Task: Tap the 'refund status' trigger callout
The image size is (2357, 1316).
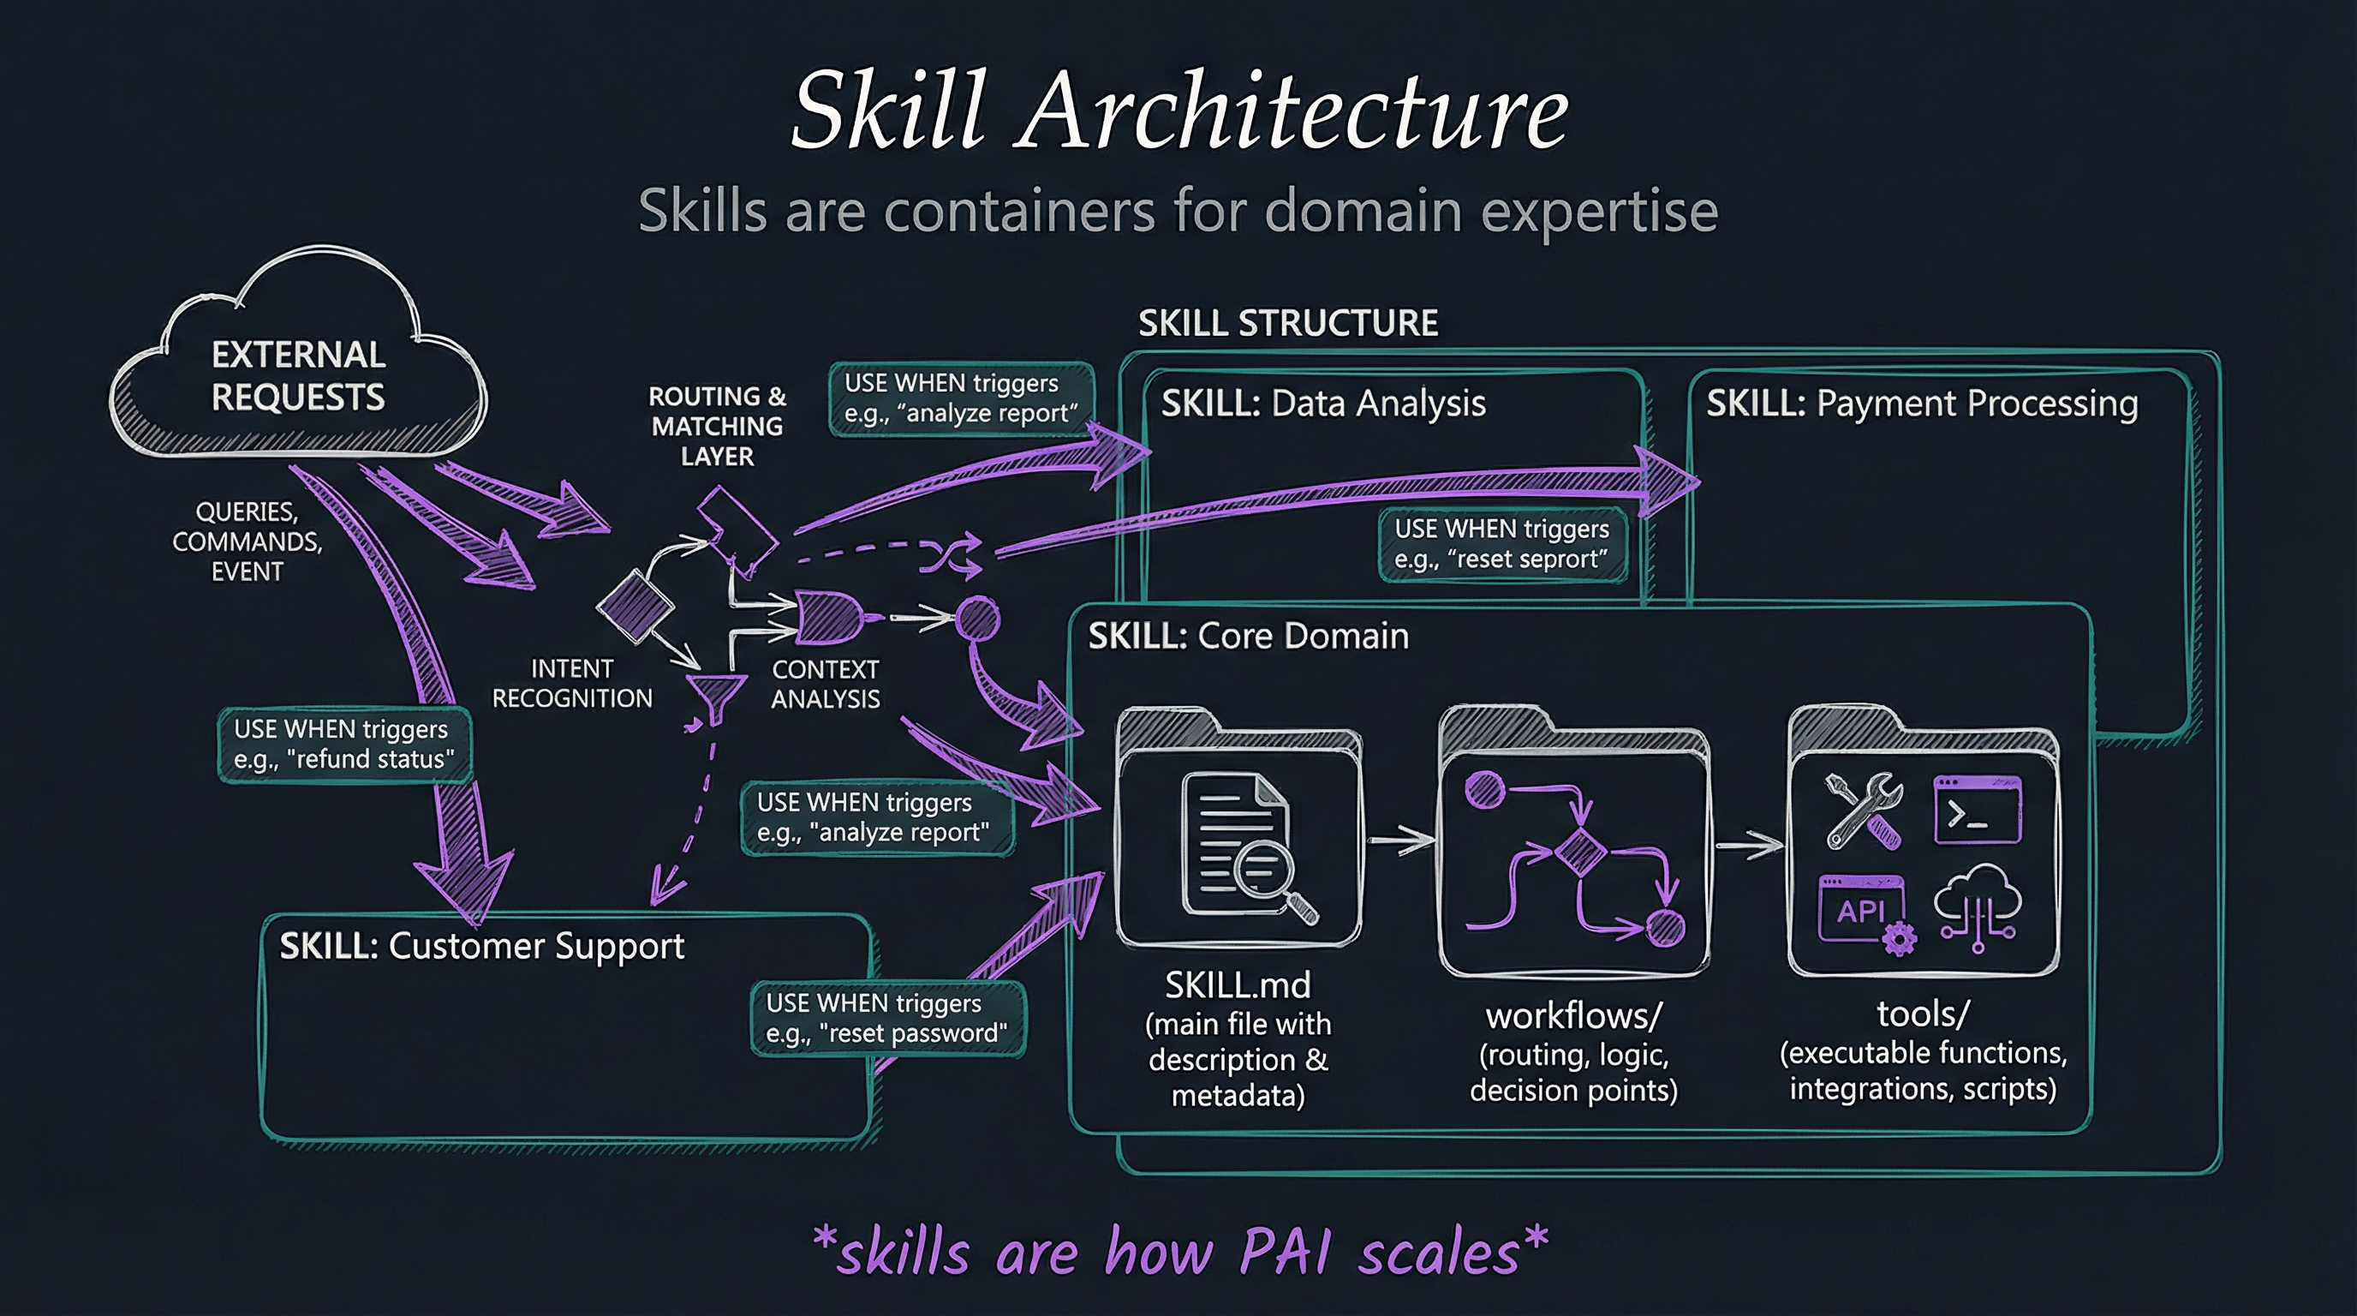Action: click(344, 744)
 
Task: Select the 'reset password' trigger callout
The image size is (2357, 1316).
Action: click(886, 1019)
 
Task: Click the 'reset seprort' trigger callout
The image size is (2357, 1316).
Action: click(1501, 545)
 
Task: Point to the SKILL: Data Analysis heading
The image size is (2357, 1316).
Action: click(1323, 404)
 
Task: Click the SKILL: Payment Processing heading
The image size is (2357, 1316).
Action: click(1921, 404)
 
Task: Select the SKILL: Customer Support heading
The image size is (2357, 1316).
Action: click(481, 945)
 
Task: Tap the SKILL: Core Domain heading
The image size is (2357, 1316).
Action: click(1248, 636)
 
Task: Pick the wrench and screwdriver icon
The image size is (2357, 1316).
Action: click(1863, 810)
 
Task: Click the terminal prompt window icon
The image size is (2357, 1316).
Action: click(1978, 810)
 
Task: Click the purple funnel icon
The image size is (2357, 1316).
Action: click(715, 696)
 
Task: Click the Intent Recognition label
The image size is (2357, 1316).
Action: click(572, 684)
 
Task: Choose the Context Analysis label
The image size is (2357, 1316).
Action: click(825, 684)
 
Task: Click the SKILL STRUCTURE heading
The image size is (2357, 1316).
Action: click(1287, 323)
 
